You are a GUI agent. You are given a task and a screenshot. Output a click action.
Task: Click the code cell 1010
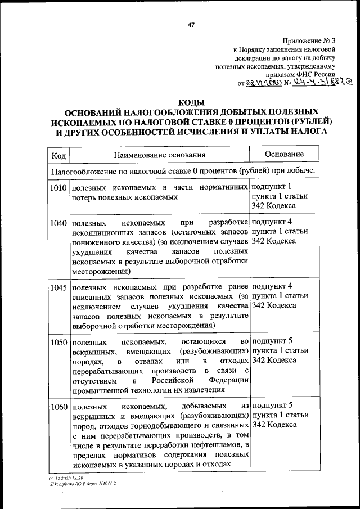tap(58, 187)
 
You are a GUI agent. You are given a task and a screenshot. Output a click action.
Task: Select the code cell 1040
tap(58, 223)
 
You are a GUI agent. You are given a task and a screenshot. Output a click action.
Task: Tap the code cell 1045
tap(58, 287)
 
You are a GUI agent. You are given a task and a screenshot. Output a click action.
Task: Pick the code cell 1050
tap(58, 342)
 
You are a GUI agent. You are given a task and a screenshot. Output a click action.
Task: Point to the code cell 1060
tap(58, 406)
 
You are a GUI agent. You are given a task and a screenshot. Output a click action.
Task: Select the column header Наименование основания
tap(159, 155)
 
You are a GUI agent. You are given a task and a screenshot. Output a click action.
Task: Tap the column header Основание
tap(284, 154)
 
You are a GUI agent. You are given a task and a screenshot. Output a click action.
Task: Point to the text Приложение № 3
tap(309, 40)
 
